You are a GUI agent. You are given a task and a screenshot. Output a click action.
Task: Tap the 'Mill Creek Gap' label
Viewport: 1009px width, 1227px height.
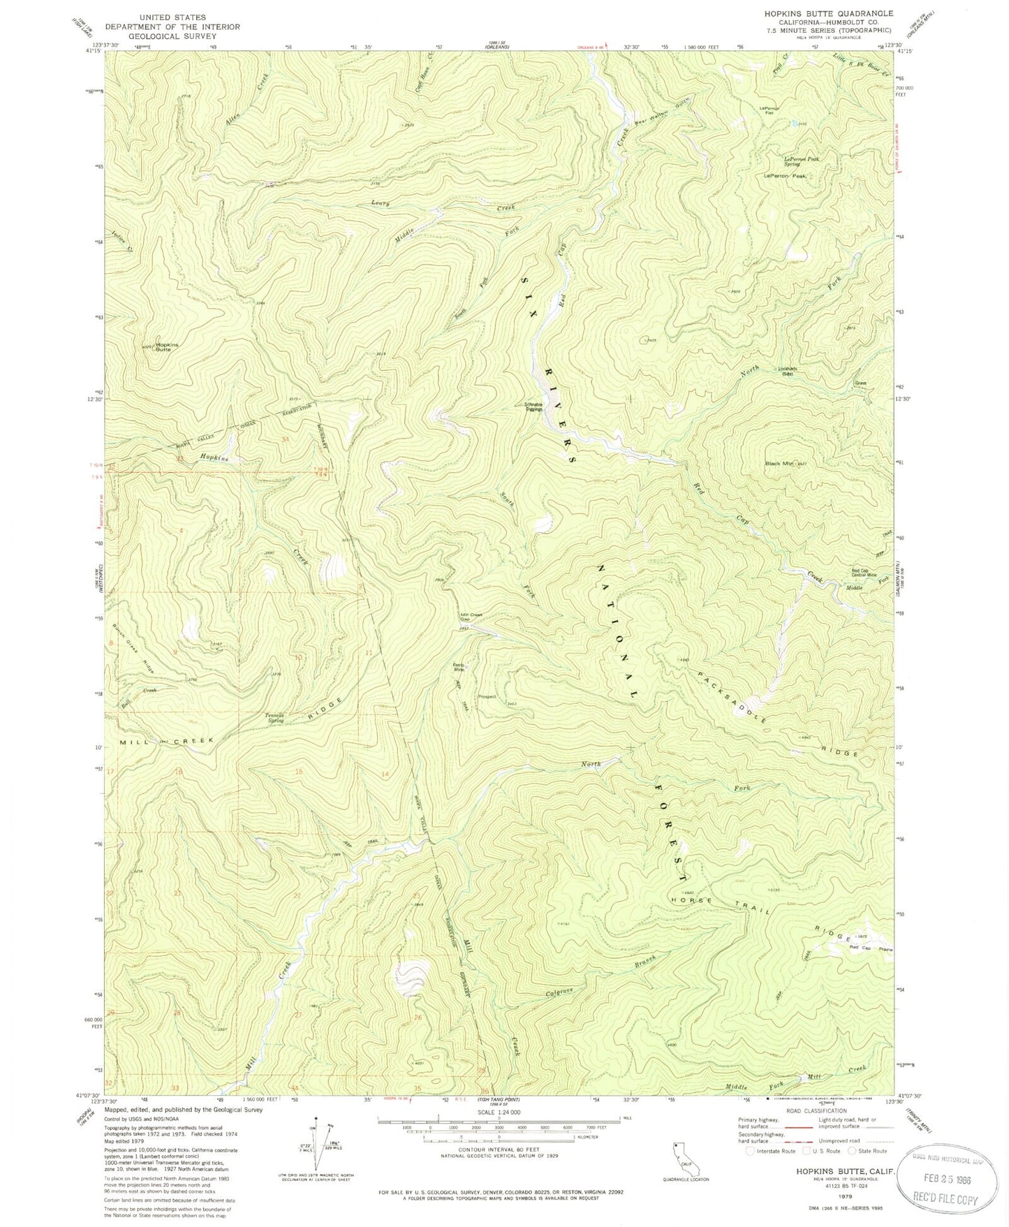click(471, 617)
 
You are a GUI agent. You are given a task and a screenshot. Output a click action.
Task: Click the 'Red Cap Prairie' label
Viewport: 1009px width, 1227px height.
click(871, 948)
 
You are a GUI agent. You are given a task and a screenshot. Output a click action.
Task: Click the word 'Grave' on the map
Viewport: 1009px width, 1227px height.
click(860, 383)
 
